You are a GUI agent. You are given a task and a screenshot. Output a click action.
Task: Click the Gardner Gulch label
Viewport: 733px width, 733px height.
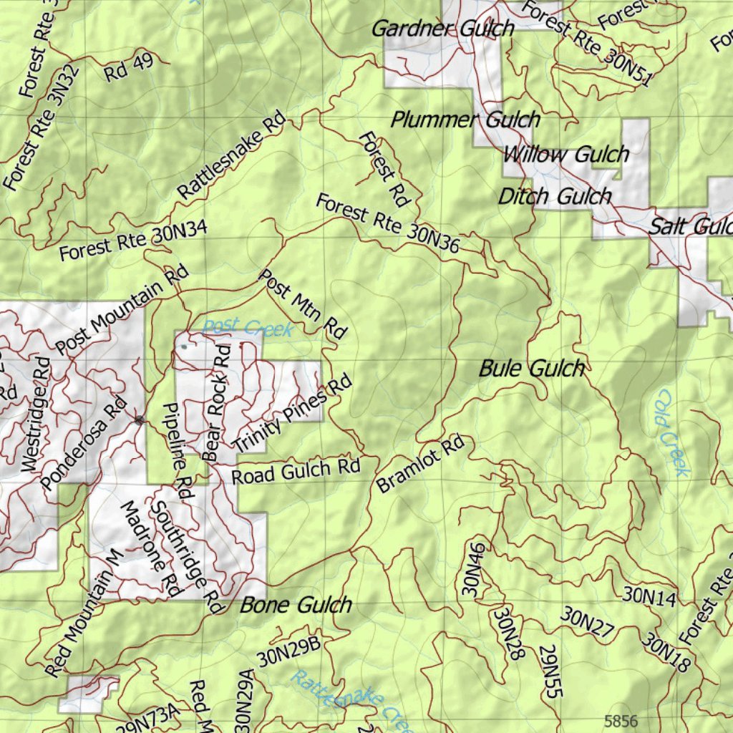442,29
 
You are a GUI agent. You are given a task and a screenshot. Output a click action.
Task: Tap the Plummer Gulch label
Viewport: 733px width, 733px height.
465,120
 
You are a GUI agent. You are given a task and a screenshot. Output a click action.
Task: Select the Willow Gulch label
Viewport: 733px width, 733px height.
566,154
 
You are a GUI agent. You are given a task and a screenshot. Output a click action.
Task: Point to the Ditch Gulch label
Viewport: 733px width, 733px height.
555,196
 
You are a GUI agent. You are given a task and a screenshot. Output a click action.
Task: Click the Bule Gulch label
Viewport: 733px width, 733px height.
531,369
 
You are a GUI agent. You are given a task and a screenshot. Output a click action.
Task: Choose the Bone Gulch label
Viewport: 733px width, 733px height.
296,605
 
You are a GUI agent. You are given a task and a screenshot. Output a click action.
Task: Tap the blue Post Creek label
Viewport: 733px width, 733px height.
248,328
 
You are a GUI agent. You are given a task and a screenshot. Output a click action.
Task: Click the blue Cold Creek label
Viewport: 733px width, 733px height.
672,433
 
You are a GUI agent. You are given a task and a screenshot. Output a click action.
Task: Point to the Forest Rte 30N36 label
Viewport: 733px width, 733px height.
387,223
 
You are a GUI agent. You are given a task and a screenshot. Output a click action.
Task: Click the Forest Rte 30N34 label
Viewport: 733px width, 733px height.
133,241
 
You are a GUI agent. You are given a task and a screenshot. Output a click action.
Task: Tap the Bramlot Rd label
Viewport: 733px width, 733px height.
420,465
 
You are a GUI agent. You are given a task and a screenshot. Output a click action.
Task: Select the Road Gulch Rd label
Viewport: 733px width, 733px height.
296,471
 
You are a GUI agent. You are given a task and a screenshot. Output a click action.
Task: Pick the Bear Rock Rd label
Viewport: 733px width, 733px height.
217,402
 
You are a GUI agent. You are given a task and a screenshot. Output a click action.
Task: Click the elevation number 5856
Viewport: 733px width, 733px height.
621,721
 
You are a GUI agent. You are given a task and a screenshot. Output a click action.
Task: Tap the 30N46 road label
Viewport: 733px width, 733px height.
472,570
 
